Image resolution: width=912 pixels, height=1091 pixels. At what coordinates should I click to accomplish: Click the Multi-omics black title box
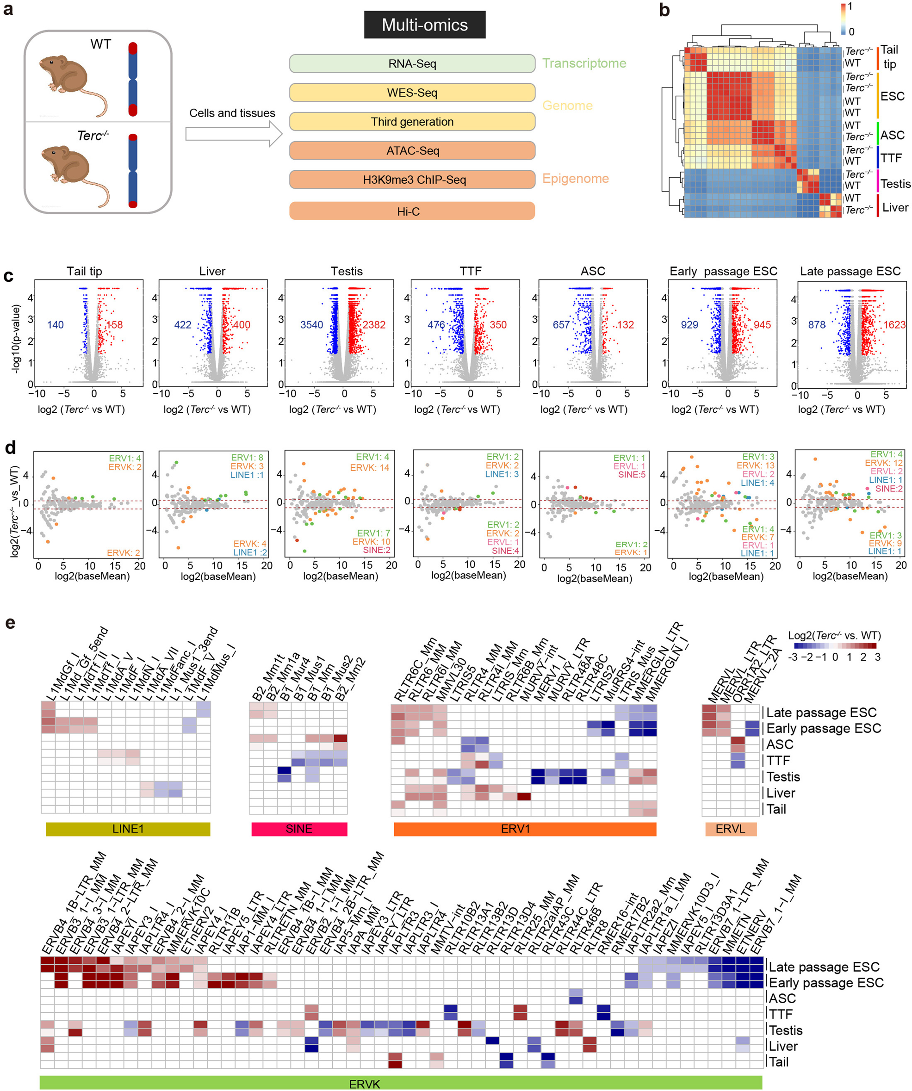425,25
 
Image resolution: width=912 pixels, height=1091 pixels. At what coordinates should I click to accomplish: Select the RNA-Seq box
412,63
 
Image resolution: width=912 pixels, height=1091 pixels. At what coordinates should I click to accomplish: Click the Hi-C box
412,211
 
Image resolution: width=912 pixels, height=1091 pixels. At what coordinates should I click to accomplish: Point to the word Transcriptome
584,63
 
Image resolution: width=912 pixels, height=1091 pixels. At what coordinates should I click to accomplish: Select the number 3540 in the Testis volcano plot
311,325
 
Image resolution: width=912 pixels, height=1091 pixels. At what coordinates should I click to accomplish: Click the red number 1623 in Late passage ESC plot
894,325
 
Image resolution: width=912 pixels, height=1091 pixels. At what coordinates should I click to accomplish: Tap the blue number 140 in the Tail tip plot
55,325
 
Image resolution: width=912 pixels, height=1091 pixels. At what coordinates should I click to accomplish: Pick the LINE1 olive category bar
128,829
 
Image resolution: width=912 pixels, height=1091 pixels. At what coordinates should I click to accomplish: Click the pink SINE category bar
299,829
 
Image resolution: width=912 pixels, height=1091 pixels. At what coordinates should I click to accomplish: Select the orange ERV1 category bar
525,829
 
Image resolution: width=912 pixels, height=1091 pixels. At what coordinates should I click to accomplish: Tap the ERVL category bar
730,829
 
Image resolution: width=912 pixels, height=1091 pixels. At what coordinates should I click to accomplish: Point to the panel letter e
10,622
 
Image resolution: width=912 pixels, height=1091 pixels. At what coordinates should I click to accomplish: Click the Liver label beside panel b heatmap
895,207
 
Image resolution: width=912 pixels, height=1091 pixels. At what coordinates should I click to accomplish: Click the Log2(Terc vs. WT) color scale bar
835,646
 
